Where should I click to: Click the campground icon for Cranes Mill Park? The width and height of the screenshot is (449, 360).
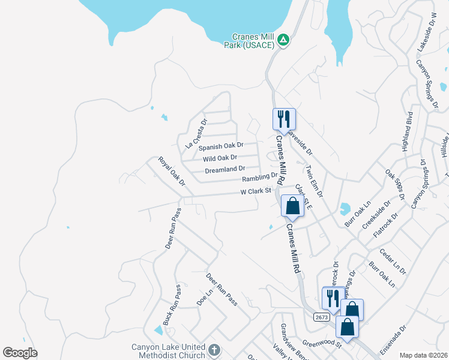[x=283, y=40]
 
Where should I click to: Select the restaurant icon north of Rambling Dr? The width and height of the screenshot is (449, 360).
[x=283, y=119]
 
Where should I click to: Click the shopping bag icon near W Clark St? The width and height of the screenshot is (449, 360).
[x=292, y=206]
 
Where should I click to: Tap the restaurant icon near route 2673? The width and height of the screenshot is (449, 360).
[x=332, y=297]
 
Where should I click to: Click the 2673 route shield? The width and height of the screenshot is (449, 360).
[x=321, y=316]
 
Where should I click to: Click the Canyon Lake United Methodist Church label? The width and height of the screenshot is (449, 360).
[x=168, y=351]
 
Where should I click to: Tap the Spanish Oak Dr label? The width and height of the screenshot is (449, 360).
[x=221, y=146]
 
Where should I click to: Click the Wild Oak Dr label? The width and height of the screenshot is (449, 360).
[x=220, y=158]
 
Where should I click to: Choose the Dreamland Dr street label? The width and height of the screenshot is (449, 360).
[x=225, y=170]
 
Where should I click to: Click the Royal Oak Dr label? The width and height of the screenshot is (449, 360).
[x=172, y=170]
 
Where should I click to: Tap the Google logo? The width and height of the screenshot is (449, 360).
[x=20, y=353]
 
